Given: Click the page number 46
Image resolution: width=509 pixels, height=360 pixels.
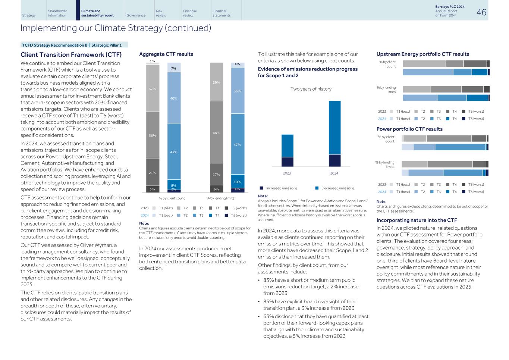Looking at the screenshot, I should (x=481, y=12).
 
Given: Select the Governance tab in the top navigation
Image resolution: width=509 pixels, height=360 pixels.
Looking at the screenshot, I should (x=136, y=15).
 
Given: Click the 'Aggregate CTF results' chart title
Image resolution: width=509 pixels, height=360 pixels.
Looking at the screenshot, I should (x=166, y=54).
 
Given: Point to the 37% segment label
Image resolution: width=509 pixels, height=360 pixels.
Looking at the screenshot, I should (x=152, y=89).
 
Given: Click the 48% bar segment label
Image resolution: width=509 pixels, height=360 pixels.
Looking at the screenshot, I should (x=216, y=132).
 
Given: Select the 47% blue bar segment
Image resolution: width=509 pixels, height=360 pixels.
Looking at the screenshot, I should (x=237, y=144).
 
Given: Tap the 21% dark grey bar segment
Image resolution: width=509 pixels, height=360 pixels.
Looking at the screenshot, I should (x=152, y=173).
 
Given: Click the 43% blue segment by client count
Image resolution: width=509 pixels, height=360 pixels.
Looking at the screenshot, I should (x=173, y=152).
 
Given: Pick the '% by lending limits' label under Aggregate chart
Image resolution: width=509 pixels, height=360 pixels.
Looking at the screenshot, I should (x=220, y=198).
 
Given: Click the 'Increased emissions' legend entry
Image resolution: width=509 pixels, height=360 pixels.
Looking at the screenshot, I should (x=282, y=188).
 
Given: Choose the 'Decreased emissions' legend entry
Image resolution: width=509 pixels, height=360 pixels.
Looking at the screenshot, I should (x=337, y=188).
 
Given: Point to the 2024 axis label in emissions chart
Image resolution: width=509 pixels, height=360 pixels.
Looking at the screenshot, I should (x=334, y=173).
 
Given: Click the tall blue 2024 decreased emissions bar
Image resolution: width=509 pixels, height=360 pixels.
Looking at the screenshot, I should (x=334, y=127).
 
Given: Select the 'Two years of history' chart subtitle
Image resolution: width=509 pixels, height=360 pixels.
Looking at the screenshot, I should (x=311, y=89).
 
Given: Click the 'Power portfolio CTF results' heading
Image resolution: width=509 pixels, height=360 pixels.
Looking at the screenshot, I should (x=409, y=129).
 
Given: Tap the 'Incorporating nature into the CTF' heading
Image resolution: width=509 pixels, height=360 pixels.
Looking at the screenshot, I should (x=417, y=220).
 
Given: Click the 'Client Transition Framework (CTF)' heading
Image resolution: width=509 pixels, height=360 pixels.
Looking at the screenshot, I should (x=71, y=54).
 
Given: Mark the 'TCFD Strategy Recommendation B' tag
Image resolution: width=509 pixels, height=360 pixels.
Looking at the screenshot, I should (x=54, y=45).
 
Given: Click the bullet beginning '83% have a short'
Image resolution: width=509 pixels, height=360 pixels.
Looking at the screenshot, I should (x=311, y=287).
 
